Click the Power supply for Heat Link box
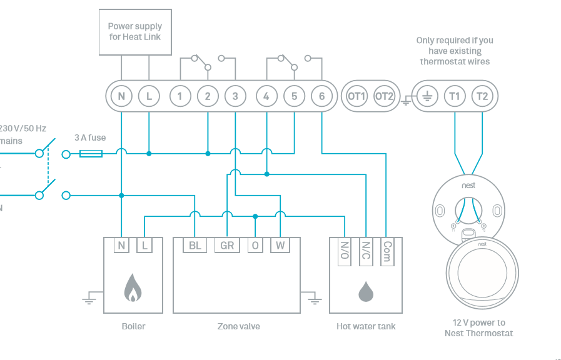[134, 31]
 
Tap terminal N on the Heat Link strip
[121, 96]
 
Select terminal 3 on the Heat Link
[235, 96]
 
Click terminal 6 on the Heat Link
[321, 96]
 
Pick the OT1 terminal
[356, 96]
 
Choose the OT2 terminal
[384, 96]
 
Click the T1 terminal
[454, 96]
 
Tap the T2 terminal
[482, 96]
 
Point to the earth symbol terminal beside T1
[427, 96]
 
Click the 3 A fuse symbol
[91, 152]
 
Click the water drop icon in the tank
[366, 291]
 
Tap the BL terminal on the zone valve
[195, 246]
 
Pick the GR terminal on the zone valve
[226, 246]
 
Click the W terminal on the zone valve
[280, 246]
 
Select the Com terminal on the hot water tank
[387, 252]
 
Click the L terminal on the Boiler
[144, 246]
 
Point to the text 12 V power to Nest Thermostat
[478, 328]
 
